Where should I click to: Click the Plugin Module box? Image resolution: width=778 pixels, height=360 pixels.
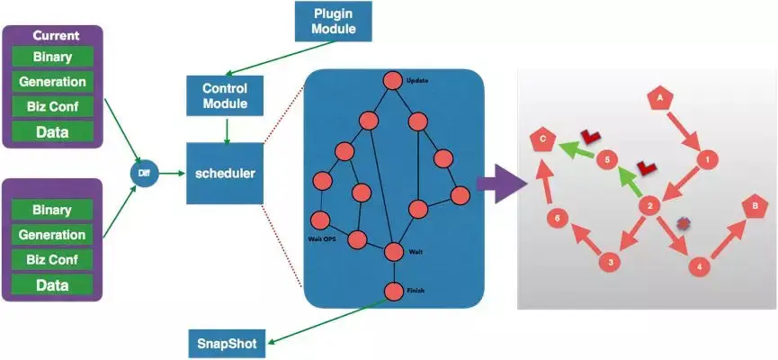pos(334,21)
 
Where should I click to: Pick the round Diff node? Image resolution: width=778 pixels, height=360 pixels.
pos(144,170)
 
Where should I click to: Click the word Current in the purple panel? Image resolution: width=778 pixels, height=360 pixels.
pos(56,36)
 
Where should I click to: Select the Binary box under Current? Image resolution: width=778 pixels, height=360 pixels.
pos(52,58)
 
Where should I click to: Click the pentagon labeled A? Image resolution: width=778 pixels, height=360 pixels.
pos(660,96)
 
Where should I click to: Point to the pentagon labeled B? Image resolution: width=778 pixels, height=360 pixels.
pos(753,206)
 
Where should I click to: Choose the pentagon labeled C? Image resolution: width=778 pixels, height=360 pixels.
pos(541,139)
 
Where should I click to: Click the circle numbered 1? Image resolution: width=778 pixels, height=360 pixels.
pos(708,159)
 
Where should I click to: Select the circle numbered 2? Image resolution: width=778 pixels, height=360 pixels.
pos(648,206)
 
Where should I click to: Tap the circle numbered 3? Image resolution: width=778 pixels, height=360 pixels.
pos(611,262)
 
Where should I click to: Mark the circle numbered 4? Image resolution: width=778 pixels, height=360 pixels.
pos(700,267)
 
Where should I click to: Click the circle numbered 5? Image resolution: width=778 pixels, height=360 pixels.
pos(607,160)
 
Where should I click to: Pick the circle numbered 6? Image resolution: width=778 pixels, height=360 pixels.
pos(558,218)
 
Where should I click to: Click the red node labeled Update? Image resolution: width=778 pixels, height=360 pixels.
pos(393,81)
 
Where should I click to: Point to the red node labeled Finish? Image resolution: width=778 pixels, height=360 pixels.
pos(393,291)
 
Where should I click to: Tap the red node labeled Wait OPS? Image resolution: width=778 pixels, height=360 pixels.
pos(319,220)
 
